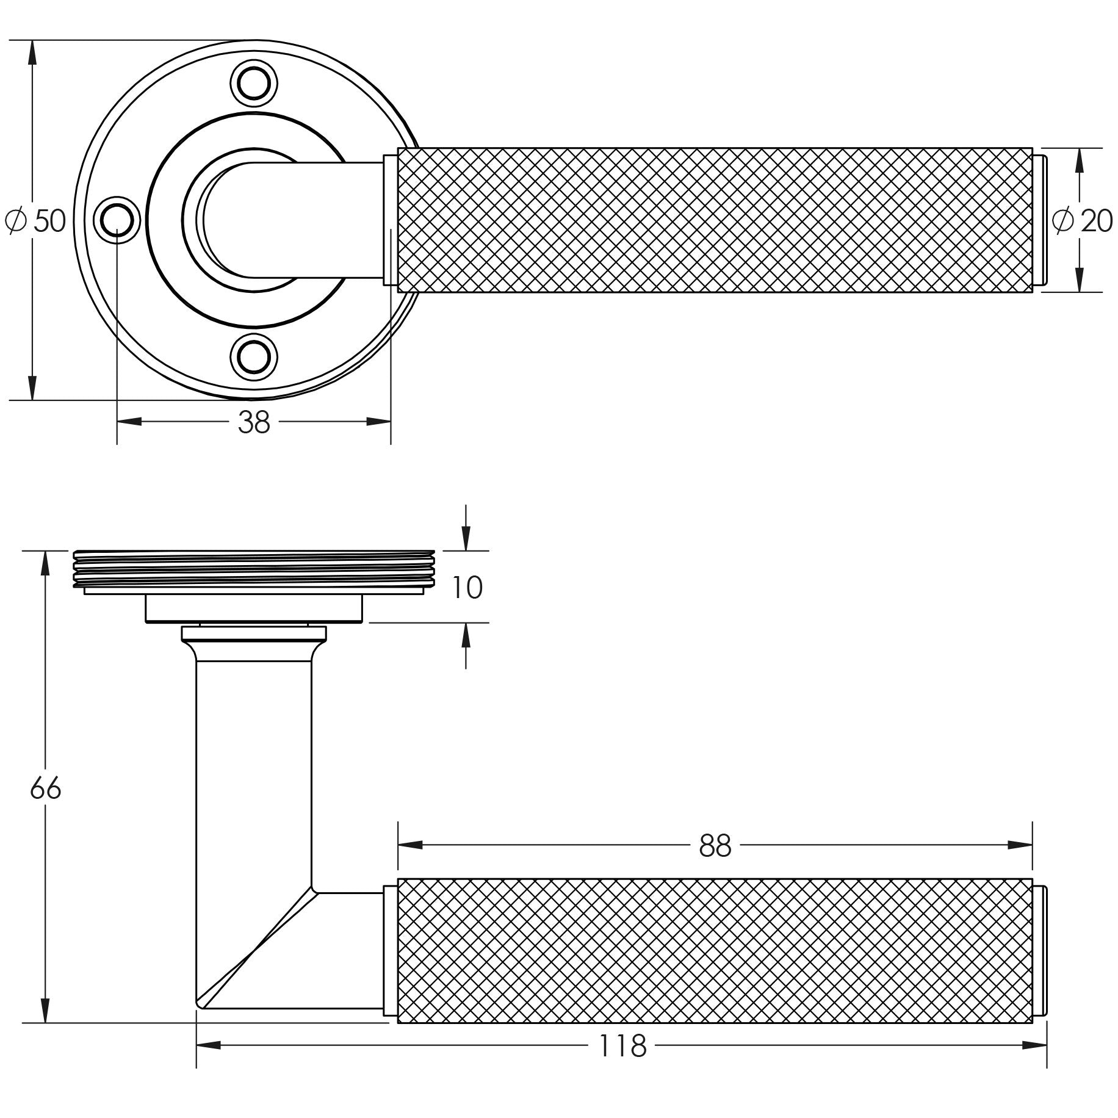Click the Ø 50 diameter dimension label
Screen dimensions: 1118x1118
tap(35, 220)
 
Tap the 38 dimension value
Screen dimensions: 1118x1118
tap(254, 422)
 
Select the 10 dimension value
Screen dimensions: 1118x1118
tap(467, 588)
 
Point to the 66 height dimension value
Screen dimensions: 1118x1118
tap(46, 789)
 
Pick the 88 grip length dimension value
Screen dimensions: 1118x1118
tap(715, 846)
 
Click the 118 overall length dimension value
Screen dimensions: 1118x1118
tap(622, 1046)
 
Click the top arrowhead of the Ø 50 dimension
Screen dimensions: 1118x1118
tap(32, 53)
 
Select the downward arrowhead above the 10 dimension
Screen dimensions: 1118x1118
tap(466, 538)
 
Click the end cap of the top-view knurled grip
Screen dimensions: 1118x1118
tap(1040, 220)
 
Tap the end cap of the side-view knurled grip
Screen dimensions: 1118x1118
tap(1040, 951)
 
